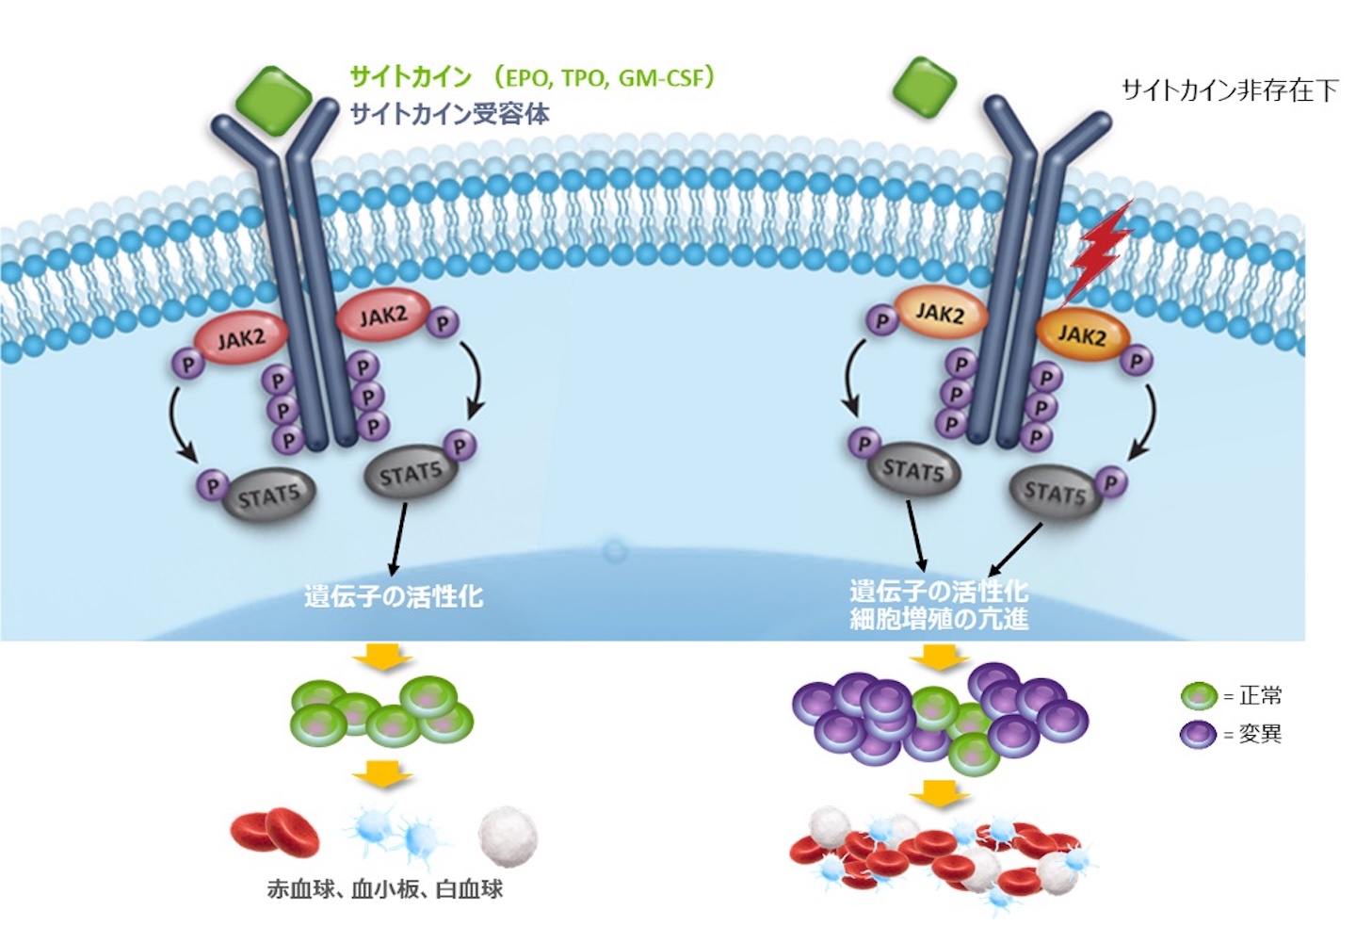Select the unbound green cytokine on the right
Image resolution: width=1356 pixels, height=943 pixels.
coord(923,87)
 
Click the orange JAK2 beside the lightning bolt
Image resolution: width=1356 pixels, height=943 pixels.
coord(1082,336)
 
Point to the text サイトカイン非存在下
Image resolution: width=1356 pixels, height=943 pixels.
coord(1229,90)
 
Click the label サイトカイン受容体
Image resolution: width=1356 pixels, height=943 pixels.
coord(450,114)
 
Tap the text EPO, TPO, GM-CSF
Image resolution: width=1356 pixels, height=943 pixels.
coord(604,77)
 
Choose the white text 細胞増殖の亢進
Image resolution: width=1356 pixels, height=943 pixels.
coord(939,619)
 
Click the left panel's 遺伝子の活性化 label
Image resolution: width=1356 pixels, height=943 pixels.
coord(394,595)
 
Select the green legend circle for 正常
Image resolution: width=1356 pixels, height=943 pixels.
coord(1199,696)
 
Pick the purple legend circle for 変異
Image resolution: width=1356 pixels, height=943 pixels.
coord(1198,734)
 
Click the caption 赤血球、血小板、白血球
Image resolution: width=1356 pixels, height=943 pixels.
coord(384,888)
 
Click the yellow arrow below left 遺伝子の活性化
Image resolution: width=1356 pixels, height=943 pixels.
coord(382,657)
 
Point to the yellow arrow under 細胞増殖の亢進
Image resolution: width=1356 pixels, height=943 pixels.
coord(939,657)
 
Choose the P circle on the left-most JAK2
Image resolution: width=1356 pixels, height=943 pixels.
coord(188,364)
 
